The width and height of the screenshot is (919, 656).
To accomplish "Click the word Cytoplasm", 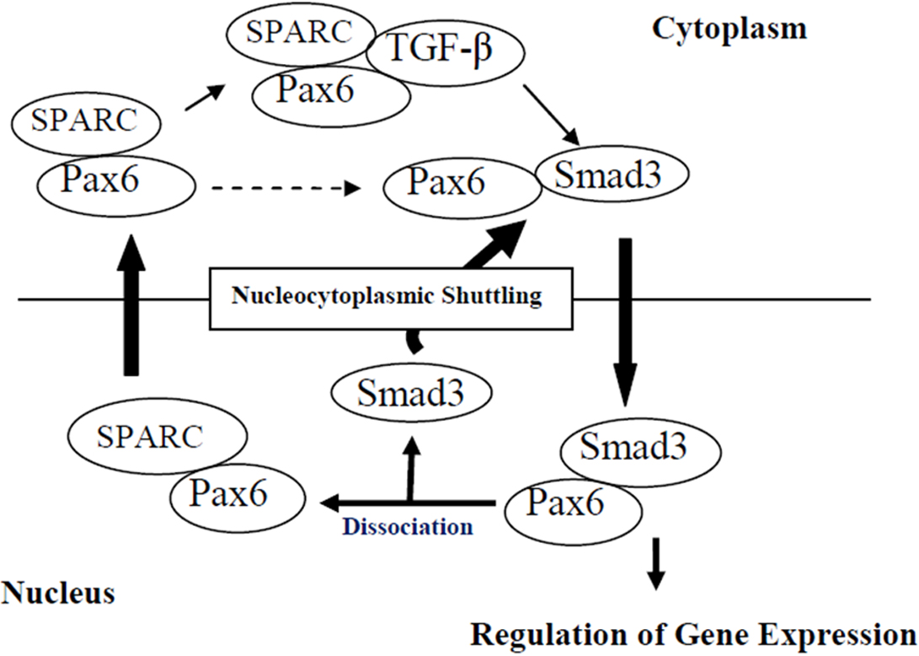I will pyautogui.click(x=729, y=28).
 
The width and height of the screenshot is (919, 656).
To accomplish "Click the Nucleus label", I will pyautogui.click(x=58, y=593).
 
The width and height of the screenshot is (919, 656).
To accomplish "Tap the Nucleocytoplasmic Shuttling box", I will pyautogui.click(x=386, y=296).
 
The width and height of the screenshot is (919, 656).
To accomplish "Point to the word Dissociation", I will pyautogui.click(x=408, y=527).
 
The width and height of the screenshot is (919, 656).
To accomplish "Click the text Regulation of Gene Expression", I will pyautogui.click(x=692, y=632).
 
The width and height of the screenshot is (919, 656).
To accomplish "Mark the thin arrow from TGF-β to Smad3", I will pyautogui.click(x=550, y=115).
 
